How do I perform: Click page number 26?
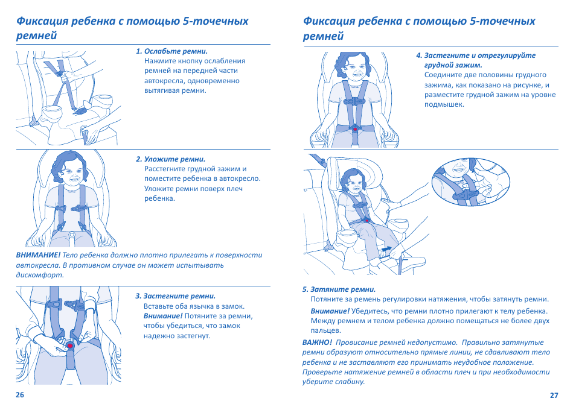pos(20,396)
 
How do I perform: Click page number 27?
pos(554,396)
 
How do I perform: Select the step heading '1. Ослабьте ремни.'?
pos(176,51)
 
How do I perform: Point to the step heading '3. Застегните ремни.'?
pos(175,296)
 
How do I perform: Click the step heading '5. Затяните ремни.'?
pos(339,289)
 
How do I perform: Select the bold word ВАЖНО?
pos(317,342)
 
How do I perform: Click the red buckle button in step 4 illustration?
pos(355,129)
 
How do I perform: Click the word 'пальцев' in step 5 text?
pos(325,330)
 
